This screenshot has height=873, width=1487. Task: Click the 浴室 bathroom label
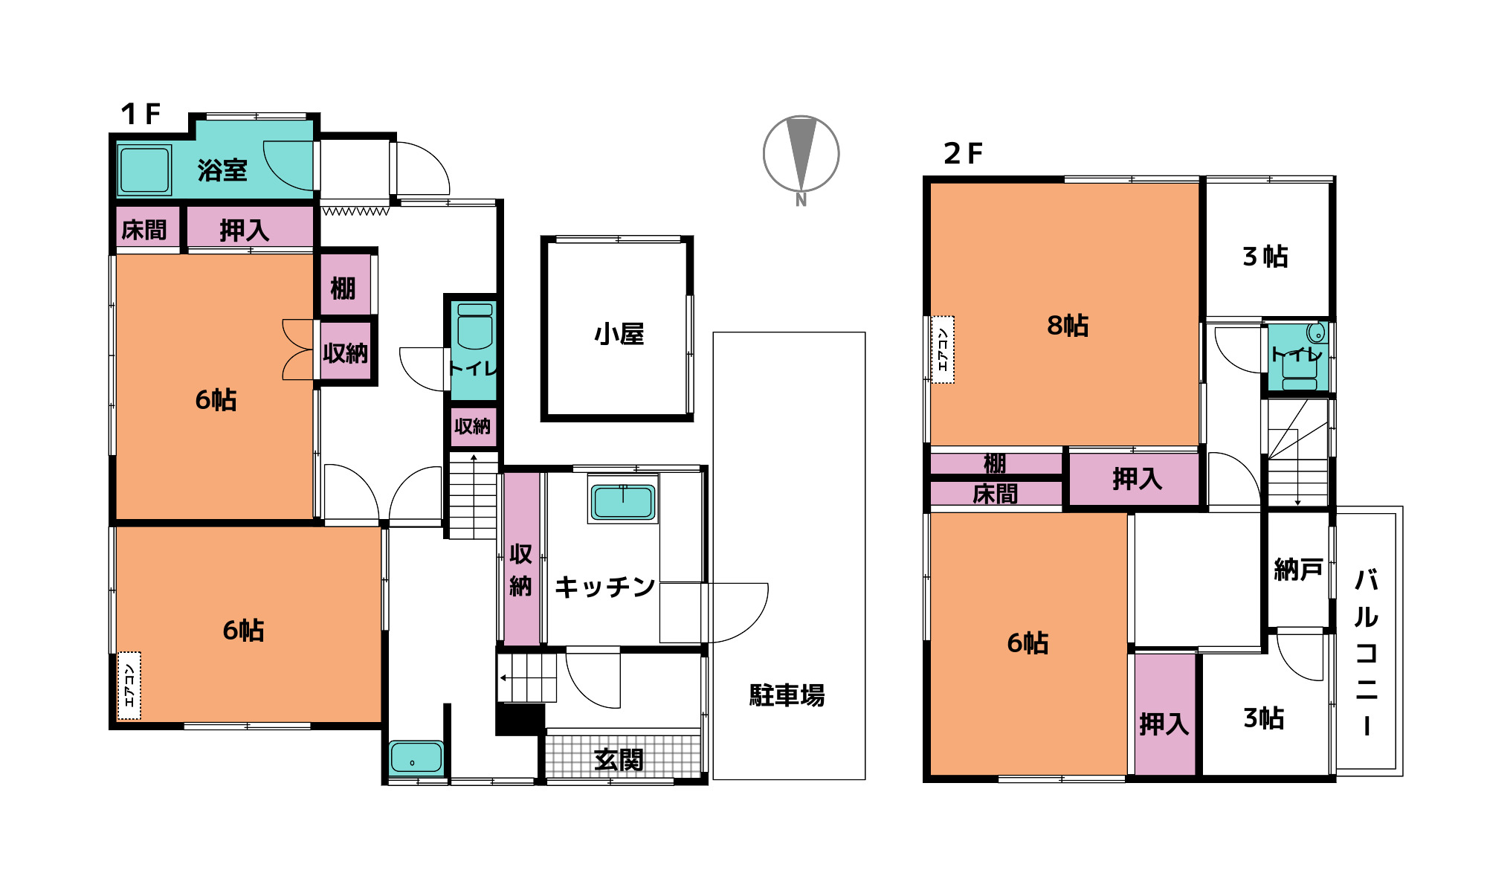(222, 170)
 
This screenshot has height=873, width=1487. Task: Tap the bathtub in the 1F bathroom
(144, 170)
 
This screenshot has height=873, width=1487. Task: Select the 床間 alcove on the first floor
(144, 229)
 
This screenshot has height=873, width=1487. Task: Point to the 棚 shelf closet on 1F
(343, 287)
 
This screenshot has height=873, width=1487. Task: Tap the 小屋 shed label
(619, 334)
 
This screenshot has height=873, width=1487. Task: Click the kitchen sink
(623, 501)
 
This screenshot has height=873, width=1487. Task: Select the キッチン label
(604, 587)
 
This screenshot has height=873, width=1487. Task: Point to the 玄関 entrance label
(619, 759)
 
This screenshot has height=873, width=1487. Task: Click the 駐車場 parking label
(787, 695)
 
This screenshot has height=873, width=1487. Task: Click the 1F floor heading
(141, 114)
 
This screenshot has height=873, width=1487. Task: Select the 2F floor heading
(963, 154)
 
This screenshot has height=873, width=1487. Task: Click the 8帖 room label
(1068, 325)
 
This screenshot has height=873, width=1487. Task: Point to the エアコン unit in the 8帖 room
(943, 349)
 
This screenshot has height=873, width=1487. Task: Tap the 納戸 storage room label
(1298, 570)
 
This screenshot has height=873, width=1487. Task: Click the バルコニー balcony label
(1367, 652)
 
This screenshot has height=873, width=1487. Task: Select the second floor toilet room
(1297, 357)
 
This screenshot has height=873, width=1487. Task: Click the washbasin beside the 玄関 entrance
(416, 758)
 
